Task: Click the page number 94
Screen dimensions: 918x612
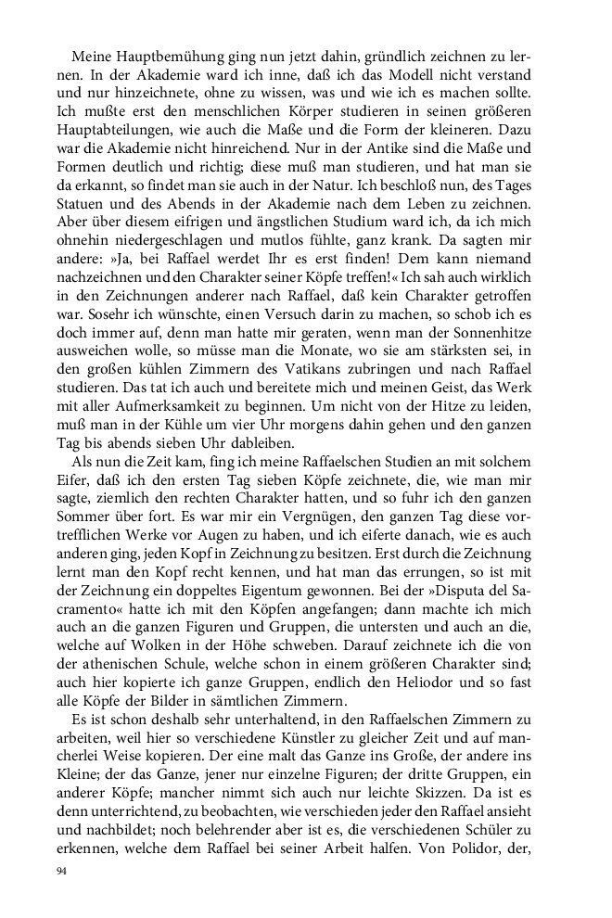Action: click(63, 873)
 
